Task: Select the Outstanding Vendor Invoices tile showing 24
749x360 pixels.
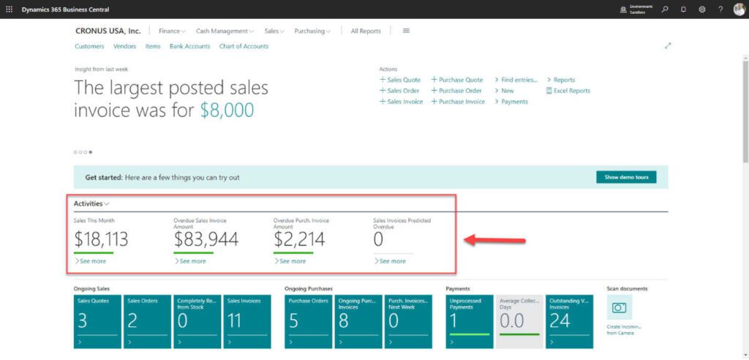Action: [x=569, y=320]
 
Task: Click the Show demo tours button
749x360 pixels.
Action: [x=626, y=177]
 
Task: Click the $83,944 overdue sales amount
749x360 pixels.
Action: [x=206, y=239]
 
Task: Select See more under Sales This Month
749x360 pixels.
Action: [x=92, y=261]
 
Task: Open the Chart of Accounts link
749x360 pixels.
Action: [x=244, y=46]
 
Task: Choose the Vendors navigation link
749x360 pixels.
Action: [x=124, y=46]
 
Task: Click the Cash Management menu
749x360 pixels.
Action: [x=224, y=31]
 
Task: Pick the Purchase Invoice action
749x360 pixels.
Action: [x=461, y=102]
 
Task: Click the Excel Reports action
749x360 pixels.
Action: [x=571, y=91]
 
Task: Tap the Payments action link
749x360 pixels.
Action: [x=513, y=102]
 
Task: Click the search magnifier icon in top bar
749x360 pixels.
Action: [x=665, y=10]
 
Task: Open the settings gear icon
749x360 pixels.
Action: [x=702, y=10]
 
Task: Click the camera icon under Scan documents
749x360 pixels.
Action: [x=619, y=308]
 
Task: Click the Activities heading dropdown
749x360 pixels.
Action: [x=92, y=203]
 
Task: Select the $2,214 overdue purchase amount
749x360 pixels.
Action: [x=298, y=239]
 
